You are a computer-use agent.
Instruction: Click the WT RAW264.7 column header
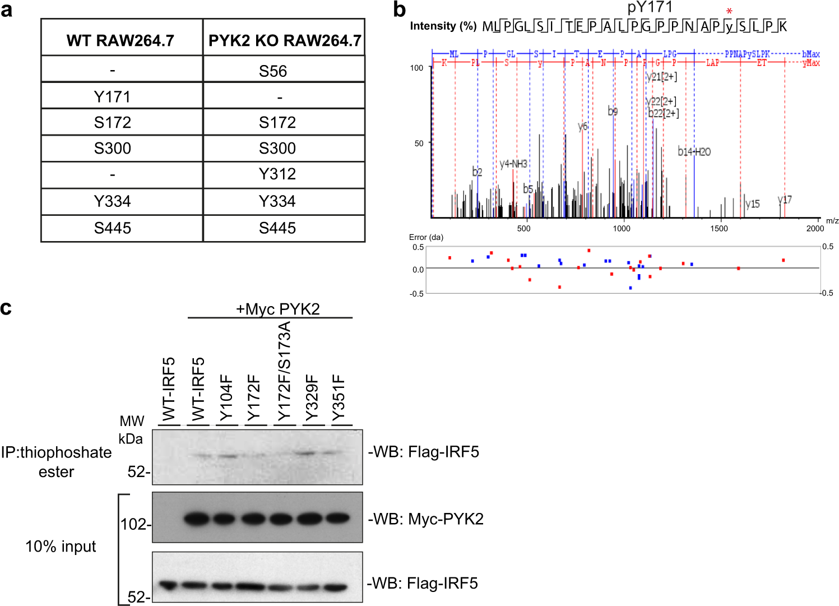pyautogui.click(x=120, y=40)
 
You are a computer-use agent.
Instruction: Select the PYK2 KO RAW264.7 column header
pyautogui.click(x=285, y=40)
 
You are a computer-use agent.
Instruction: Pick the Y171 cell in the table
pyautogui.click(x=112, y=97)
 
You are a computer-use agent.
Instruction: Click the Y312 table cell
pyautogui.click(x=277, y=174)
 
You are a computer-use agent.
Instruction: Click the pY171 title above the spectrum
pyautogui.click(x=650, y=7)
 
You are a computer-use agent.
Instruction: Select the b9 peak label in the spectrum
pyautogui.click(x=613, y=111)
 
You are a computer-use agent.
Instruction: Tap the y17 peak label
pyautogui.click(x=785, y=200)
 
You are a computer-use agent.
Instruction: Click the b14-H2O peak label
pyautogui.click(x=694, y=151)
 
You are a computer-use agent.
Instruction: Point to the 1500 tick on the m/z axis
pyautogui.click(x=719, y=228)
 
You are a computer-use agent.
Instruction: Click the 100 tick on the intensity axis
pyautogui.click(x=416, y=68)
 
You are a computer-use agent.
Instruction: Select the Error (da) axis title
pyautogui.click(x=426, y=237)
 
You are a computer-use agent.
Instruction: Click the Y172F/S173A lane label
pyautogui.click(x=284, y=371)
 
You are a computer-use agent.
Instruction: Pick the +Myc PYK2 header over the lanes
pyautogui.click(x=277, y=309)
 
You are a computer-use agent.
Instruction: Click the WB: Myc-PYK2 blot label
pyautogui.click(x=426, y=519)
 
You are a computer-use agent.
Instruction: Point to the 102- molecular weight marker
pyautogui.click(x=135, y=524)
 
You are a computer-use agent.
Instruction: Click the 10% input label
pyautogui.click(x=61, y=546)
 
